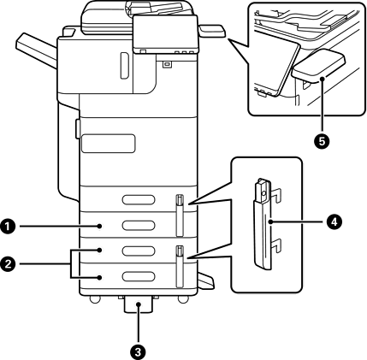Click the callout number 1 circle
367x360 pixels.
click(8, 227)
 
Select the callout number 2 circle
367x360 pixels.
click(8, 263)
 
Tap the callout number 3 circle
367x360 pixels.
click(139, 352)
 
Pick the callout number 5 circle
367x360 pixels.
click(322, 141)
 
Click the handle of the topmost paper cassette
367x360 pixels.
click(139, 199)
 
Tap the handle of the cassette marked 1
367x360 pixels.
click(139, 225)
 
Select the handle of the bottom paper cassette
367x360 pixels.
click(139, 276)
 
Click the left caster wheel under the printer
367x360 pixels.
click(95, 299)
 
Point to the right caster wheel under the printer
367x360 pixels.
click(182, 299)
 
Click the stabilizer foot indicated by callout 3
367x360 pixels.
click(139, 305)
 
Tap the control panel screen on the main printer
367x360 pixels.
click(165, 33)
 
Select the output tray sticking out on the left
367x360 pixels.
click(37, 50)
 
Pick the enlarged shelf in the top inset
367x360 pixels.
click(319, 67)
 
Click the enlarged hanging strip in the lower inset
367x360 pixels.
click(263, 224)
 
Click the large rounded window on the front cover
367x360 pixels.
click(108, 144)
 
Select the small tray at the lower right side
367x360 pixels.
click(205, 280)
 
